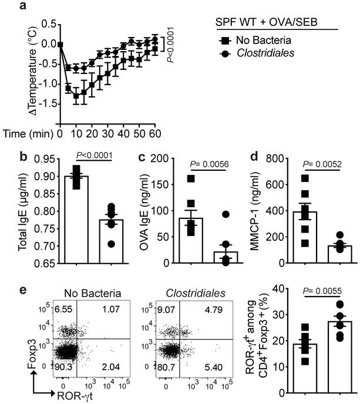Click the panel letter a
[7, 6]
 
